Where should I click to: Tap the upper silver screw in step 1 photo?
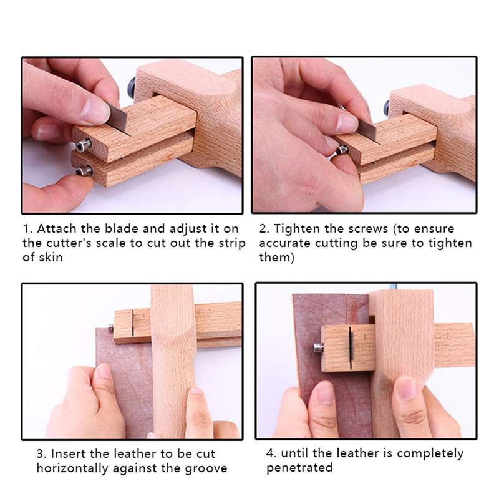(x=84, y=145)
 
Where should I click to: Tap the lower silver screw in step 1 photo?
(x=84, y=170)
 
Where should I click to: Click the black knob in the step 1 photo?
(x=132, y=88)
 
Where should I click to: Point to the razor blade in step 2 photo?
(x=368, y=130)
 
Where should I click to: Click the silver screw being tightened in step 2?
(x=342, y=149)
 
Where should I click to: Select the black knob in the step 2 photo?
(x=387, y=107)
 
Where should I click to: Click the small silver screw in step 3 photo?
(x=110, y=327)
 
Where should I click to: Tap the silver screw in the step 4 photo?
(x=318, y=347)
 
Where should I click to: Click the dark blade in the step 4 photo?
(x=351, y=348)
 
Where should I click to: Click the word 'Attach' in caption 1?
(x=57, y=228)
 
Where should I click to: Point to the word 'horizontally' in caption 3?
(x=72, y=469)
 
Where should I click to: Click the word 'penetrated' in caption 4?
(x=299, y=467)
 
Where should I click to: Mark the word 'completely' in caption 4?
(x=430, y=454)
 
